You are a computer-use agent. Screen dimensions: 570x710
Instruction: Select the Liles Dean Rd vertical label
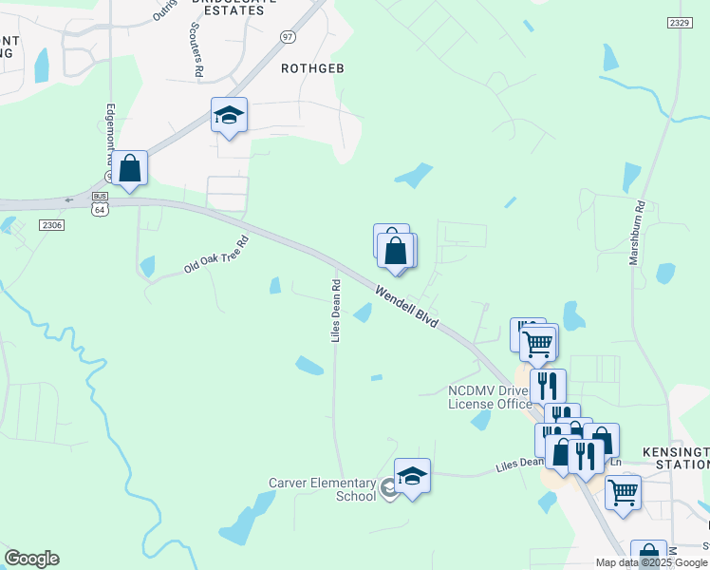(335, 311)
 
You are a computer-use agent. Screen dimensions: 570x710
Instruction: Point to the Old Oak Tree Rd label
(215, 256)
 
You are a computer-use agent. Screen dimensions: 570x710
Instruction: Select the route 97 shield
(288, 35)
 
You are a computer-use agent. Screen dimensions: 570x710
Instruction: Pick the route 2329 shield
(679, 22)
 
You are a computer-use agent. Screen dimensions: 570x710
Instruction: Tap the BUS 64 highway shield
(100, 203)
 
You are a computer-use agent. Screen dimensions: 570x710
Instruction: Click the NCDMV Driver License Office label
(490, 397)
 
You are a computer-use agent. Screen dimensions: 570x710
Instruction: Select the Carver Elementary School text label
(323, 489)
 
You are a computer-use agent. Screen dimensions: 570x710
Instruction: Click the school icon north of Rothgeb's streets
(229, 116)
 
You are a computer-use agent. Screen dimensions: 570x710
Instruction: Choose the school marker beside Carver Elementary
(412, 477)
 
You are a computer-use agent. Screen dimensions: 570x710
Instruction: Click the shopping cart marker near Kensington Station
(623, 492)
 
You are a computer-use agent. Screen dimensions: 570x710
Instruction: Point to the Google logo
(31, 559)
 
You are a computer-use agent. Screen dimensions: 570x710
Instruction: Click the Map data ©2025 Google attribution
(651, 562)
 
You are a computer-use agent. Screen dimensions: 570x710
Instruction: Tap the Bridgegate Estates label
(241, 6)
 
